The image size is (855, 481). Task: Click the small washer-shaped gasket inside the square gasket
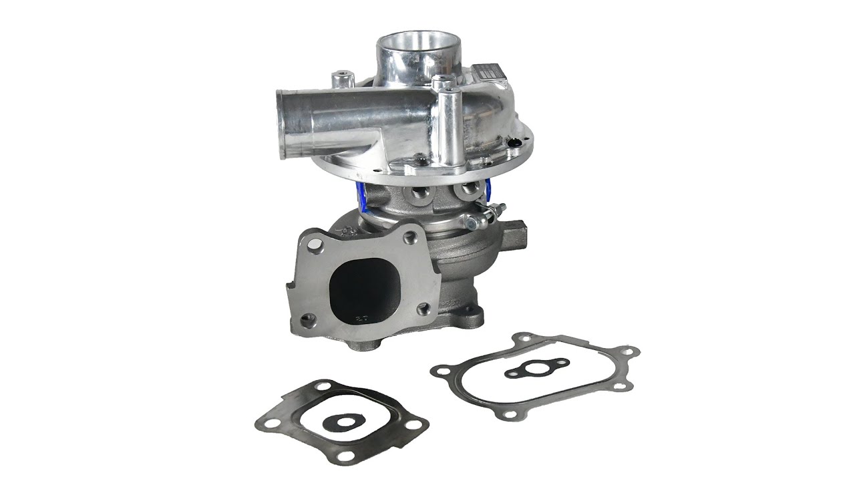(347, 422)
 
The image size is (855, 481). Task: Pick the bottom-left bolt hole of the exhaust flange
(307, 320)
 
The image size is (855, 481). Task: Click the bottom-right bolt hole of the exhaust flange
(423, 309)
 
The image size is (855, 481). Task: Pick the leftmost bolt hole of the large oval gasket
(442, 369)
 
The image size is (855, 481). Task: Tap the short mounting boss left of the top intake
(344, 80)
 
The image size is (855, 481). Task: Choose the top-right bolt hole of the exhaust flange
(411, 236)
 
